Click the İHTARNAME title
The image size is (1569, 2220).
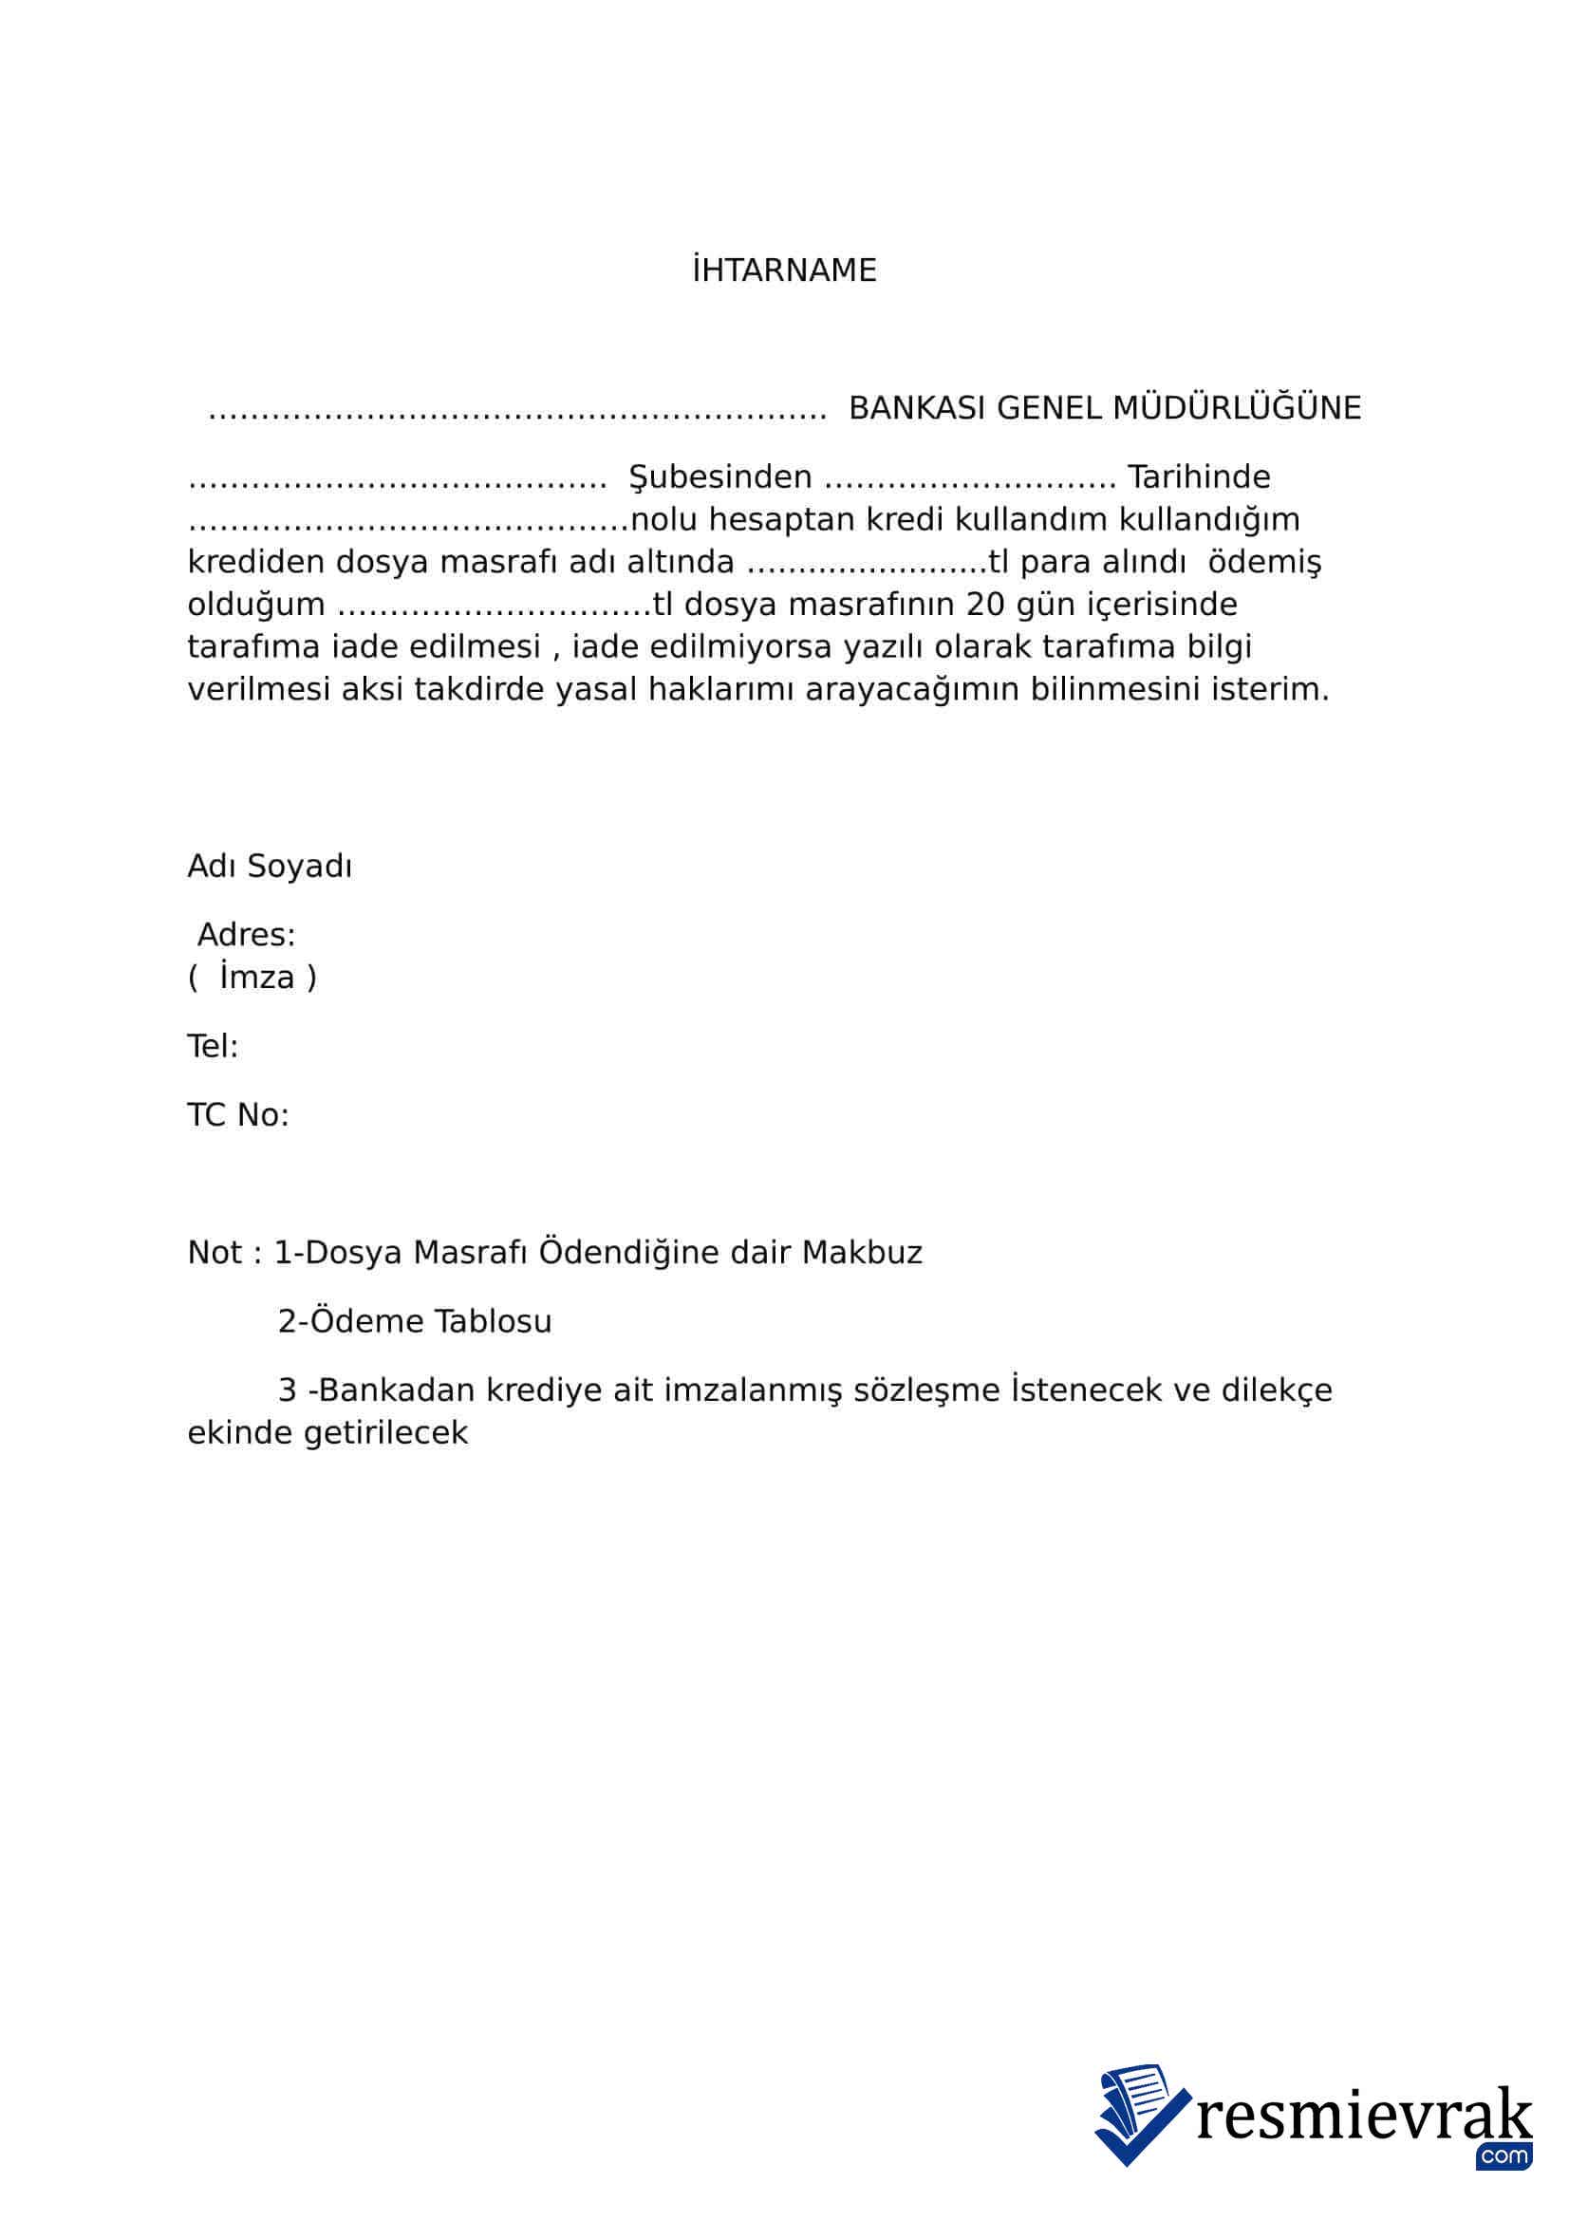pos(784,271)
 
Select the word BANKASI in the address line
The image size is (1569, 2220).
pos(918,408)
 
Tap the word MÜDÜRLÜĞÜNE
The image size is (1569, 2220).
pos(1237,408)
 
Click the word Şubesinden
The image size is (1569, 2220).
pos(720,477)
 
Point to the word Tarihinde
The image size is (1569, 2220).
pos(1199,477)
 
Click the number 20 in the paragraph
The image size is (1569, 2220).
pos(985,606)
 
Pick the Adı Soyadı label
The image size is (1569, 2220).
pos(270,867)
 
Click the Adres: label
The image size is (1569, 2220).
pos(247,935)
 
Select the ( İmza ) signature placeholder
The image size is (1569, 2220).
pos(252,978)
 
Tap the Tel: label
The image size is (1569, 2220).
pos(213,1046)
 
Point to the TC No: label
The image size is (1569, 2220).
pos(238,1116)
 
